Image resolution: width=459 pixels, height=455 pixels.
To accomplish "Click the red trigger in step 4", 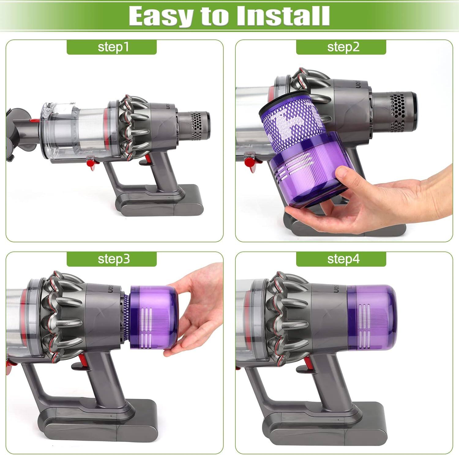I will (310, 361).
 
